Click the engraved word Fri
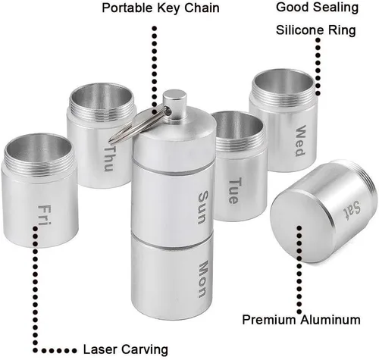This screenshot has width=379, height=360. [45, 215]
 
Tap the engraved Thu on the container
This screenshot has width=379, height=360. [109, 158]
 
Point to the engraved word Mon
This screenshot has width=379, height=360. [203, 279]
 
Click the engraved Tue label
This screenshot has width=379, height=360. [233, 191]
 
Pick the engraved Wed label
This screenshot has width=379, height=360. [301, 140]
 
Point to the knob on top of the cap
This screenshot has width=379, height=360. [174, 102]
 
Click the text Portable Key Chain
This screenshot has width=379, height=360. [161, 8]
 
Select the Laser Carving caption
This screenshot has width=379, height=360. [126, 349]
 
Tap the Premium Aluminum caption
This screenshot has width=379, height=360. [301, 320]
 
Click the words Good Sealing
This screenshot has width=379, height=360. [317, 7]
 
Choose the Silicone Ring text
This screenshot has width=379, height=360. [316, 30]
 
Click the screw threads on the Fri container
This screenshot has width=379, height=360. [39, 161]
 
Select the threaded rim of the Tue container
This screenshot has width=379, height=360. [240, 144]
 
